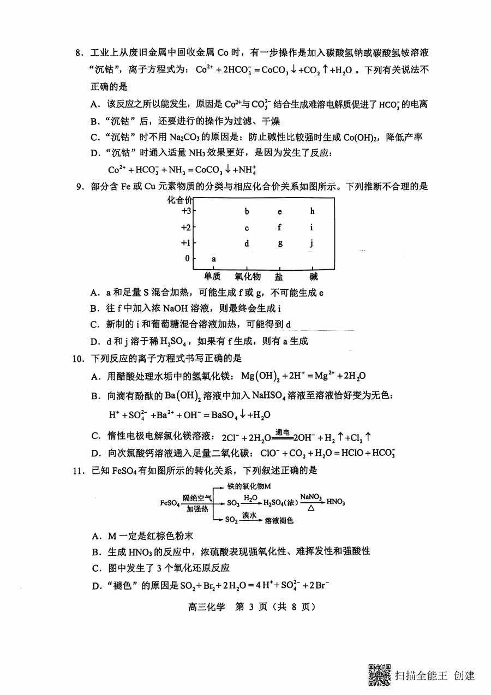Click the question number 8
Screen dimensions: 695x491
[x=79, y=53]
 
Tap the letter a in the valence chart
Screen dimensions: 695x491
[x=213, y=258]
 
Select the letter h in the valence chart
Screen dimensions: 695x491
[x=312, y=211]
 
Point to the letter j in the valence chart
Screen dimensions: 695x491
[x=312, y=243]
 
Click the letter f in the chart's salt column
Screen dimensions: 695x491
[x=279, y=228]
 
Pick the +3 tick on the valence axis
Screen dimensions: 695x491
[x=186, y=211]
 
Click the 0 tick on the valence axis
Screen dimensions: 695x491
[x=187, y=258]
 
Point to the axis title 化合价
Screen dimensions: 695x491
[x=180, y=199]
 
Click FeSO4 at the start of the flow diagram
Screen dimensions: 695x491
[x=170, y=502]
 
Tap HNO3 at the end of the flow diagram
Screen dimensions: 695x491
[x=335, y=502]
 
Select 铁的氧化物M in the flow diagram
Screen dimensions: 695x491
[x=249, y=485]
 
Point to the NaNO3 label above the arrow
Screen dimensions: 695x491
[x=310, y=496]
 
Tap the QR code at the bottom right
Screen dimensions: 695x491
[x=380, y=675]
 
